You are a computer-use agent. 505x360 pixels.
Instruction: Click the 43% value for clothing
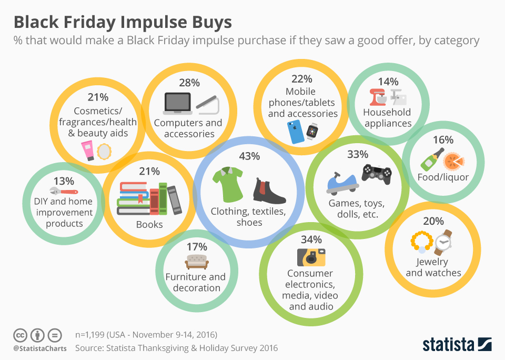pos(249,156)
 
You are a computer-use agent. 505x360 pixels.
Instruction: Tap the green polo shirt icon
pos(227,184)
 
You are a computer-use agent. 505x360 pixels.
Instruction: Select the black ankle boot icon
pos(268,191)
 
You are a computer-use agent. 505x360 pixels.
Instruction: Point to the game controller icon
pos(377,174)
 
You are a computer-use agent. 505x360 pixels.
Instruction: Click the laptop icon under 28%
pos(177,103)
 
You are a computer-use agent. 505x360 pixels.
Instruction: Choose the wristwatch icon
pos(445,242)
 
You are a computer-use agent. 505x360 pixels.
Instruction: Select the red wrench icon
pos(63,191)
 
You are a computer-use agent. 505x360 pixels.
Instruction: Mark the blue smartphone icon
pos(296,132)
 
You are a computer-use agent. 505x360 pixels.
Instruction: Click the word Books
pos(149,224)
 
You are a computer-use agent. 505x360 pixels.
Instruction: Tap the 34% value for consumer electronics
pos(311,239)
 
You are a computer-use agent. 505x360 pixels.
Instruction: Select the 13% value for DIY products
pos(64,181)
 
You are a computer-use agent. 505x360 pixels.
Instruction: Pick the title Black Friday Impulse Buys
pos(122,23)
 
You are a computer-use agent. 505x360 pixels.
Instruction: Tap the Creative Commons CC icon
pos(20,335)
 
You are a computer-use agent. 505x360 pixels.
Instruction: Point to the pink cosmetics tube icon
pos(87,151)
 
